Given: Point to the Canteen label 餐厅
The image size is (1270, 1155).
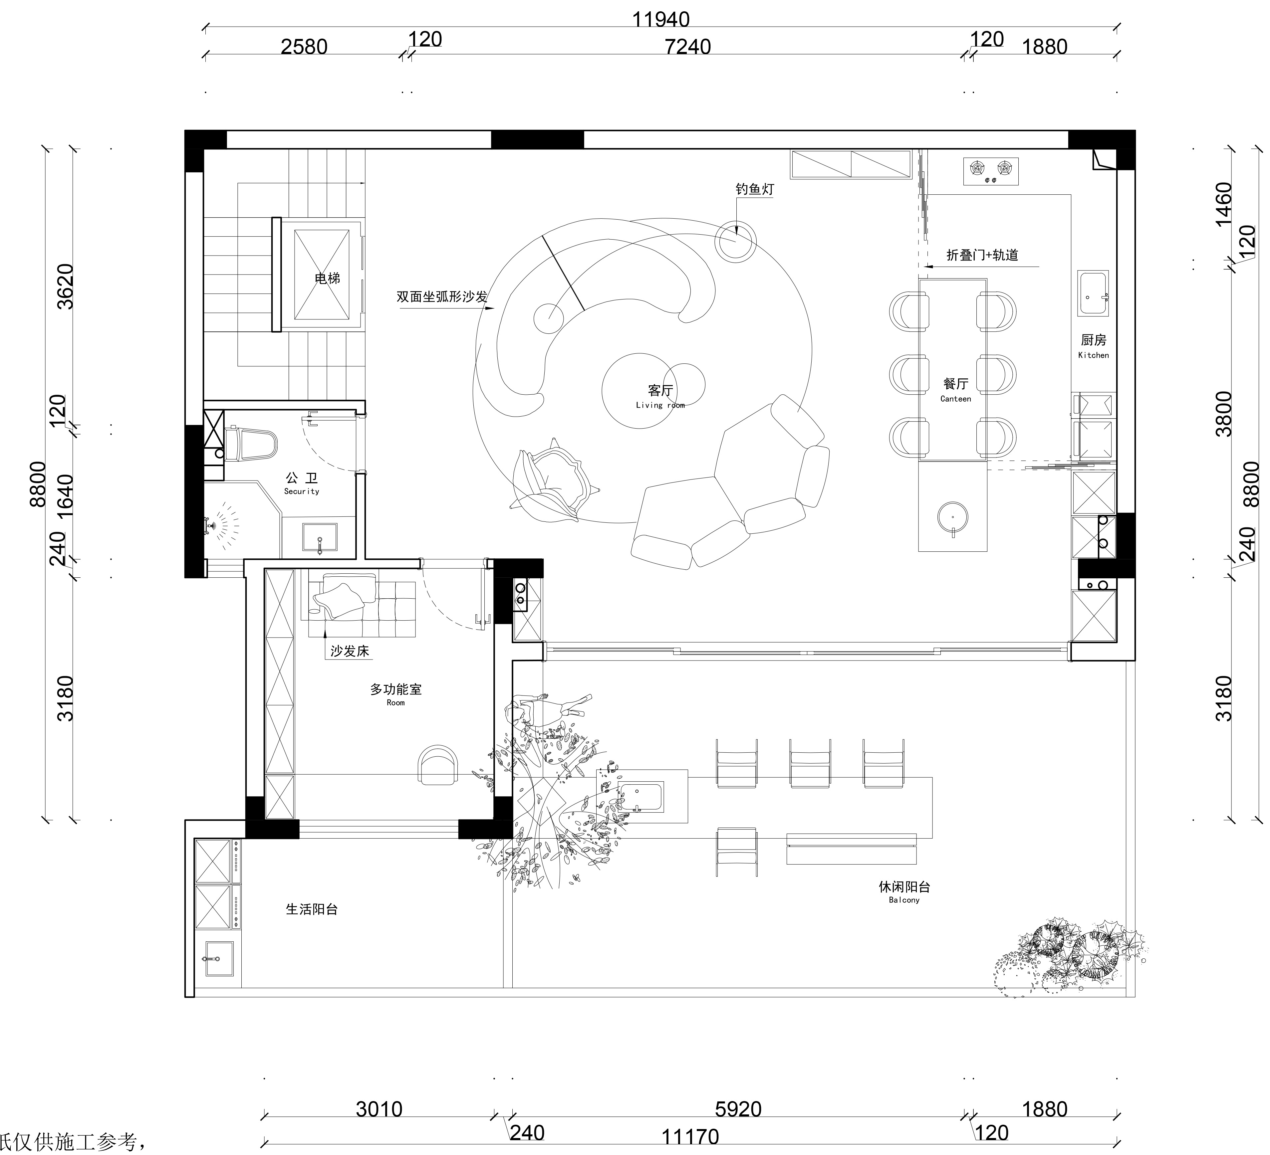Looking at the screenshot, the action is click(956, 384).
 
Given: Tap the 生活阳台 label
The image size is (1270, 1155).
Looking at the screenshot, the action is click(312, 909).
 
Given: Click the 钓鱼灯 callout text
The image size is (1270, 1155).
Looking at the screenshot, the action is click(755, 189).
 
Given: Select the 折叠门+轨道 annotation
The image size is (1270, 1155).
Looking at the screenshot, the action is click(982, 255).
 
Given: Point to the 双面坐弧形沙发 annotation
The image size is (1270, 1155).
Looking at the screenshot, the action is click(442, 296).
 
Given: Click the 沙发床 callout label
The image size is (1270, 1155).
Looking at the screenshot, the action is click(350, 651).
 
